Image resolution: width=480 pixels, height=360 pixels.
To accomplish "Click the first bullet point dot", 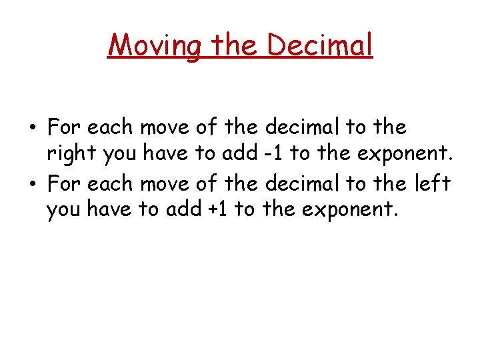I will point(33,127).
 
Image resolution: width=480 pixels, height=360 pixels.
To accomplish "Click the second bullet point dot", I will point(33,182).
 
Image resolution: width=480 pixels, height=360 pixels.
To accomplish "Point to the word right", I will point(71,155).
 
